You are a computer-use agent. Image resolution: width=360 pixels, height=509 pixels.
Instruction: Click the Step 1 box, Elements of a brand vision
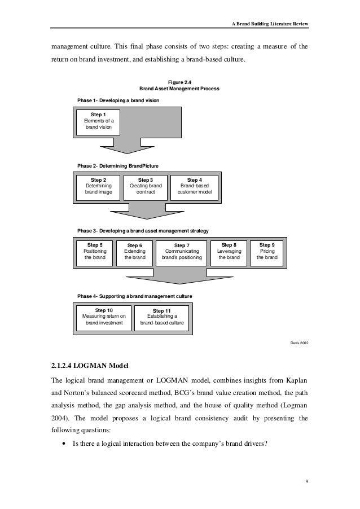tap(99, 121)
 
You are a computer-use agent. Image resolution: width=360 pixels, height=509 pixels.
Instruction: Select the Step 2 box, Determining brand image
tap(98, 186)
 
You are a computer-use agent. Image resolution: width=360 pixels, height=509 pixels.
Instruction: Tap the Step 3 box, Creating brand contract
tap(146, 186)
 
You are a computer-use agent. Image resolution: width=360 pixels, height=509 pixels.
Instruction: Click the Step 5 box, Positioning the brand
tap(94, 251)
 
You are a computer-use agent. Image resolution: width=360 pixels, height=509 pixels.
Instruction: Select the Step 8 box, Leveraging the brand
tap(229, 251)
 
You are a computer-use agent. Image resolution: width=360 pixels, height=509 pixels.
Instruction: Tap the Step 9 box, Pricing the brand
tap(267, 251)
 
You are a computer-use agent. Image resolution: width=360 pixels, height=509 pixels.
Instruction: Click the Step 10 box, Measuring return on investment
tap(104, 317)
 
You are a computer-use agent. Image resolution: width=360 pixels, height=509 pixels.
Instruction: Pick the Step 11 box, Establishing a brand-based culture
tap(162, 317)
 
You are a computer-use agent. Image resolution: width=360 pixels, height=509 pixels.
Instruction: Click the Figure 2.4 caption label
tap(179, 82)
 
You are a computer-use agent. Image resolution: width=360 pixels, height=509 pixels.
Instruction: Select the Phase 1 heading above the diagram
tap(118, 100)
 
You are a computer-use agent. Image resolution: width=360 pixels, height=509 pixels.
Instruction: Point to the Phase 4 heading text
tap(134, 296)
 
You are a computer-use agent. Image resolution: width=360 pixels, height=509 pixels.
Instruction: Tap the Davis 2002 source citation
tap(298, 343)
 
